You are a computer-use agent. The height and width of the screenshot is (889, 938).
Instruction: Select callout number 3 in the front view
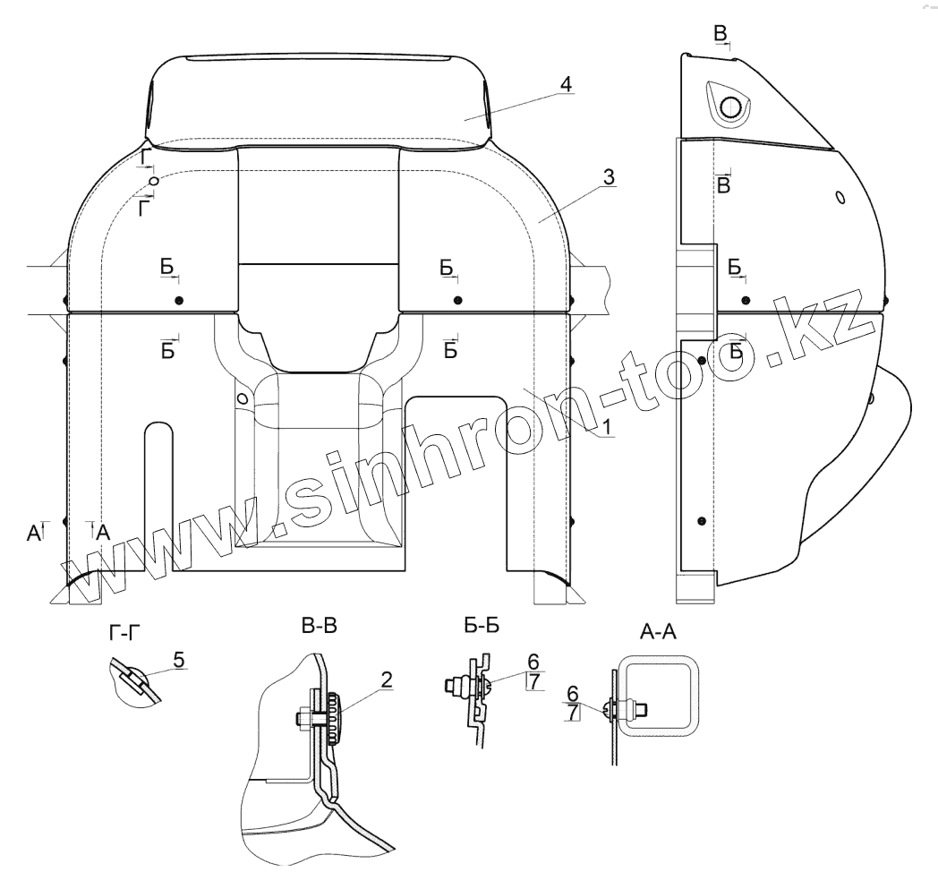click(608, 176)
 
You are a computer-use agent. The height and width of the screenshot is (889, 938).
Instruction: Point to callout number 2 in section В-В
click(385, 680)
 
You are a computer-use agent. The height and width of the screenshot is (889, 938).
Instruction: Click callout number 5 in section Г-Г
click(179, 660)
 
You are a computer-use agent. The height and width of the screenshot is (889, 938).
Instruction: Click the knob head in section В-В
click(335, 716)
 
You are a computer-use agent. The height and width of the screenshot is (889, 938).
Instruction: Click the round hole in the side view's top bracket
click(731, 107)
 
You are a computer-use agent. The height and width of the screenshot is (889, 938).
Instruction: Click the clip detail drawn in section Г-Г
click(133, 680)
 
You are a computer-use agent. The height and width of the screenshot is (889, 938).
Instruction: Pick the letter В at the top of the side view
click(721, 34)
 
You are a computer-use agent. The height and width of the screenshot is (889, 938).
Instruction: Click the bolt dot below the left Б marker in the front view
click(179, 299)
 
